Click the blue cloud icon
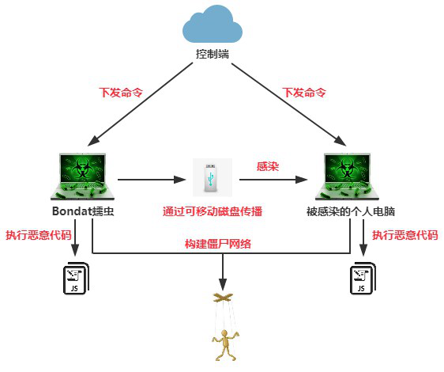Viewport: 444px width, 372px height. [213, 25]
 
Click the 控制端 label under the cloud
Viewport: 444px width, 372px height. [213, 54]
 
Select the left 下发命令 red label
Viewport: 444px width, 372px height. [121, 93]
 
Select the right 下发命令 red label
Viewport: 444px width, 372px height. [304, 93]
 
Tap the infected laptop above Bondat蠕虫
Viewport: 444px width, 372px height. [83, 177]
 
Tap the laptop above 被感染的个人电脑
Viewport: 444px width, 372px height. [347, 177]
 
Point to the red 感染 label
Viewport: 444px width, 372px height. [268, 166]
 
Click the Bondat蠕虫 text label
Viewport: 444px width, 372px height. [83, 211]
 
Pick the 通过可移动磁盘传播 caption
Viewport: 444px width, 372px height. [213, 211]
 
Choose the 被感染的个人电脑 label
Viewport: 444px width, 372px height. [351, 211]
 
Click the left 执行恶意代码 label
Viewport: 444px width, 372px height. [39, 235]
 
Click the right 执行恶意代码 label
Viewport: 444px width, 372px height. [405, 235]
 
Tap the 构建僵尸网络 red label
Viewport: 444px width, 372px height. [218, 244]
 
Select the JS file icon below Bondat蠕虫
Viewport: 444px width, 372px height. [76, 279]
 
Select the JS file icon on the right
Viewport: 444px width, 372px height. [363, 279]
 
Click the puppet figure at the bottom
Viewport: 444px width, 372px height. [225, 344]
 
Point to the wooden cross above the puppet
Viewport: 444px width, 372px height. [223, 297]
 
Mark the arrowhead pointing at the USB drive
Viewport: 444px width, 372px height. [180, 180]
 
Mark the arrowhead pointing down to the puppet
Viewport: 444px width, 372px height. [223, 284]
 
